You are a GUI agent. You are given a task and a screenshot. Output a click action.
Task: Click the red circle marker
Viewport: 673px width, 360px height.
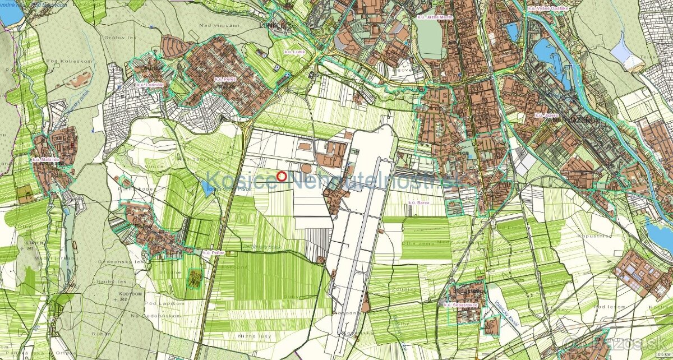[282, 177]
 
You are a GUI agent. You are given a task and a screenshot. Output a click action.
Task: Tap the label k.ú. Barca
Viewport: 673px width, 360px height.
[419, 202]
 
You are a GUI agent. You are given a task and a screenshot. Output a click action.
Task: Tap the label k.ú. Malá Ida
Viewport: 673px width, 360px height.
[44, 160]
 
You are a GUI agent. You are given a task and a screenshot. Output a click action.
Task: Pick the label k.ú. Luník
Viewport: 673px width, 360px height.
[295, 52]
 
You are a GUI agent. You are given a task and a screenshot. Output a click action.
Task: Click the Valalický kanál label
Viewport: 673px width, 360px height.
[506, 312]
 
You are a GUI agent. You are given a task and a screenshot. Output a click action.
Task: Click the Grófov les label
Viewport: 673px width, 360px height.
[116, 39]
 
